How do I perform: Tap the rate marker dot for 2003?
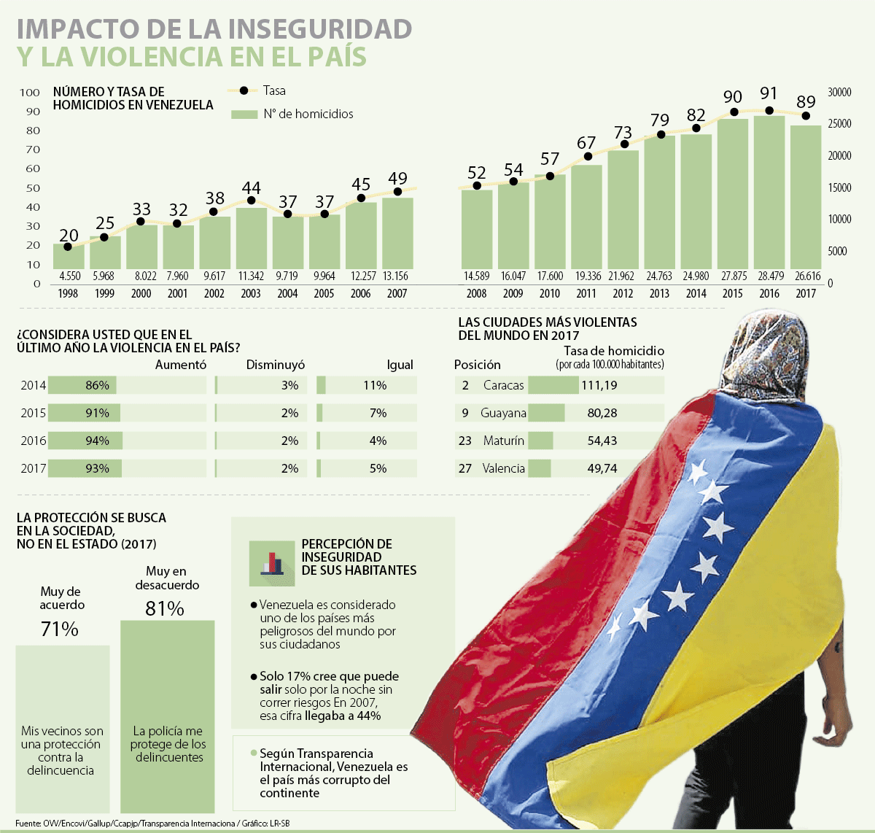(251, 201)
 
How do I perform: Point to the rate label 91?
(769, 93)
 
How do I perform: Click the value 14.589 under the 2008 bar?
(476, 276)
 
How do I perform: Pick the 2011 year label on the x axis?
(586, 293)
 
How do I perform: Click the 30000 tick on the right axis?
(839, 93)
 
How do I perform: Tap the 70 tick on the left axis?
(33, 150)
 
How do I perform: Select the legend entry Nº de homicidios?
(308, 114)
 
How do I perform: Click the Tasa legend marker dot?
(244, 90)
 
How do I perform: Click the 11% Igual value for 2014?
(375, 385)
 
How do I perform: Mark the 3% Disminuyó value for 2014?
(289, 385)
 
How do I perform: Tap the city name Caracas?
(503, 385)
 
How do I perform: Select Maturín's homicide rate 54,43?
(602, 441)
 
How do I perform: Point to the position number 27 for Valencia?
(465, 468)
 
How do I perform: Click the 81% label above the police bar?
(164, 608)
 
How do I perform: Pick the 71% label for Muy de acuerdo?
(60, 629)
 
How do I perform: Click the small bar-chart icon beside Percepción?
(271, 562)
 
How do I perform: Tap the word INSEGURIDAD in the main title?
(320, 28)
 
